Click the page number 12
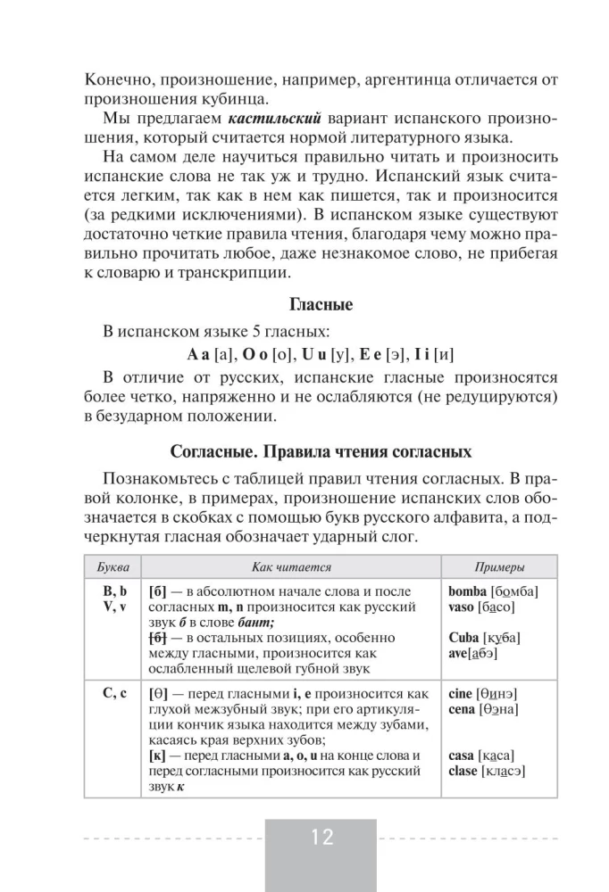pos(322,838)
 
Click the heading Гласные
pos(322,305)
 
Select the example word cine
pos(463,694)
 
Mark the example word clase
pos(467,772)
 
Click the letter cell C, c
pos(112,694)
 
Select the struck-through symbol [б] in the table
pos(161,638)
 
